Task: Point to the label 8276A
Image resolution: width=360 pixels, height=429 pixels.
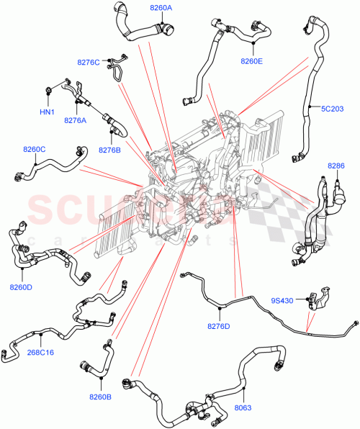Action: tap(75, 120)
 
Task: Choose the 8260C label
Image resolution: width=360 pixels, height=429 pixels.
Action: tap(34, 149)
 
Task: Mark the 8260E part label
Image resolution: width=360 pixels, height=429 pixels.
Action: tap(251, 61)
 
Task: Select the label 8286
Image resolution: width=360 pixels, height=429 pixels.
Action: tap(336, 166)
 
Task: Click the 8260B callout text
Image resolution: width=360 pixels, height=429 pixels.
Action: tap(101, 397)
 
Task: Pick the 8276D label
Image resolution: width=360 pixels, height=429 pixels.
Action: tap(218, 327)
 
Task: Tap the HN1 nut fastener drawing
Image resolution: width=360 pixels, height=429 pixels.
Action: tap(48, 90)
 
